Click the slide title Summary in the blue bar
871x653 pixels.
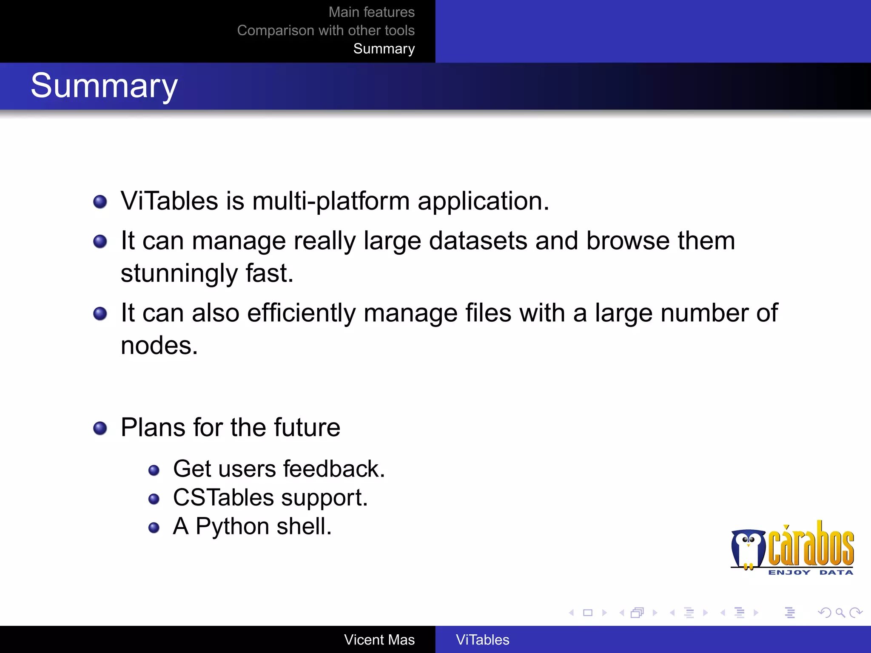click(x=104, y=86)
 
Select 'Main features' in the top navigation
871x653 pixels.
click(x=371, y=12)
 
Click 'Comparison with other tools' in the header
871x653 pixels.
click(x=326, y=31)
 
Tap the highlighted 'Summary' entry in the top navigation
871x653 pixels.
click(x=384, y=49)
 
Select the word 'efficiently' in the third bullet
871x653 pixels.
click(x=301, y=313)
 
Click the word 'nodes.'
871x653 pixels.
click(x=159, y=345)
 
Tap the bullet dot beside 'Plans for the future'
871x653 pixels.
click(x=100, y=428)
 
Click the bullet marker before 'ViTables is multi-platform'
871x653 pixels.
click(x=100, y=202)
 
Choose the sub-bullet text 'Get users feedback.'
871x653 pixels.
click(x=279, y=469)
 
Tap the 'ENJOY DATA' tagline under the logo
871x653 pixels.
click(x=810, y=573)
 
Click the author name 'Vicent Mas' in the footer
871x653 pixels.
click(x=379, y=640)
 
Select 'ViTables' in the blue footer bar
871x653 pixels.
click(x=482, y=640)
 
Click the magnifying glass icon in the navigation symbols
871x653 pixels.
click(x=840, y=613)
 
